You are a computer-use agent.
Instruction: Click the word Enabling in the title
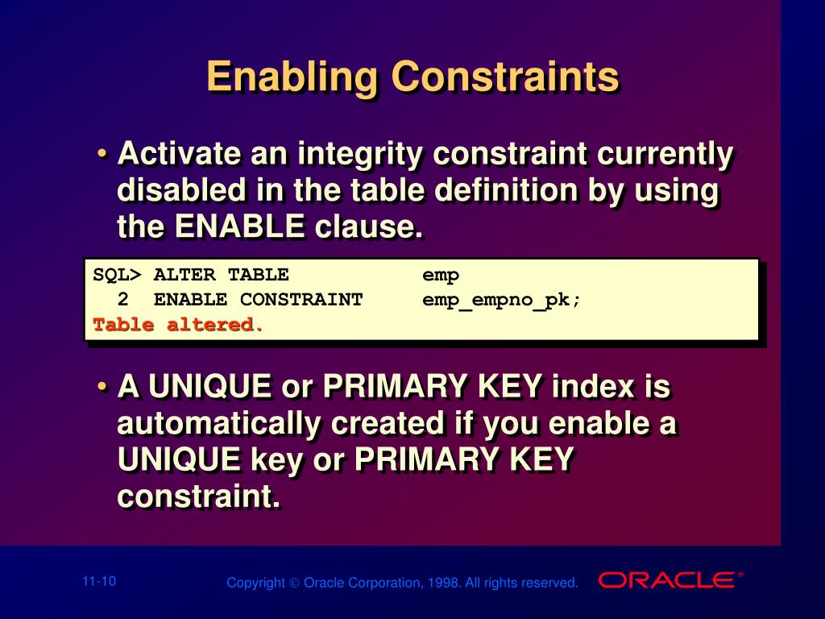tap(291, 78)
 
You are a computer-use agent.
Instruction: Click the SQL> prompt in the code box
tap(117, 276)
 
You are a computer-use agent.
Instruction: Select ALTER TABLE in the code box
tap(221, 276)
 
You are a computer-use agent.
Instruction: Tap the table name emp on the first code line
tap(441, 276)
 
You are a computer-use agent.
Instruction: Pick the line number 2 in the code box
tap(122, 300)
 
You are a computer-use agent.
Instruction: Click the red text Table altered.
tap(178, 325)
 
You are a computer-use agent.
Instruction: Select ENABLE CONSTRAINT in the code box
tap(258, 300)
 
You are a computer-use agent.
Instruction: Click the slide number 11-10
tap(99, 581)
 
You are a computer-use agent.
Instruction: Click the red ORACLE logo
tap(668, 580)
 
